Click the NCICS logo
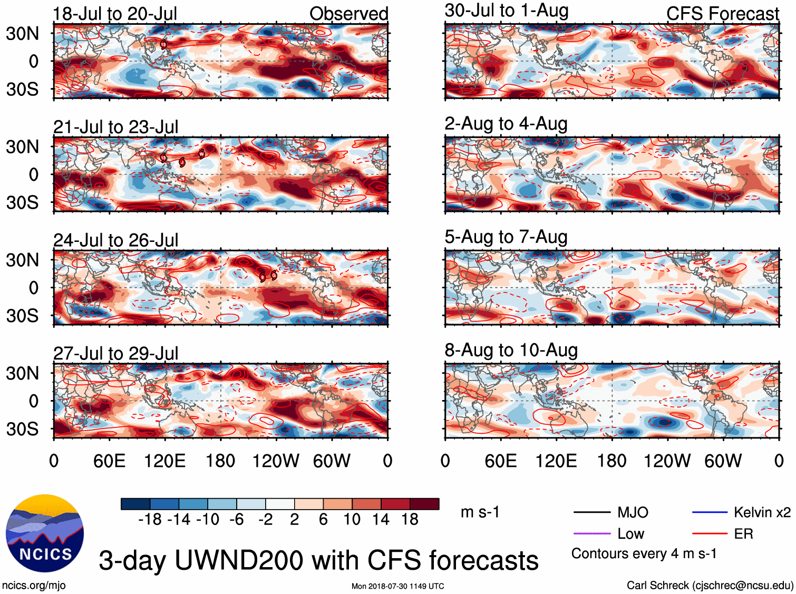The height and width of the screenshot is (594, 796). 45,533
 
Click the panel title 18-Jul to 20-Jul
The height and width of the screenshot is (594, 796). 115,14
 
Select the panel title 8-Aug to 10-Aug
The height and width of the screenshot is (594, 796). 511,350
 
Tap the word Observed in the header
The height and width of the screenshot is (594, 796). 348,14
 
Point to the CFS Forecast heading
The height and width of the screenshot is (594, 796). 722,14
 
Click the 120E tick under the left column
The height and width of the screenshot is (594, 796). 164,461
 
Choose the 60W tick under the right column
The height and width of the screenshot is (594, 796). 723,461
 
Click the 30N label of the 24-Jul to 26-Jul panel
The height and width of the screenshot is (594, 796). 22,260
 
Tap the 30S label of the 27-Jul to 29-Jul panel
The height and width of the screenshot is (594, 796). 22,429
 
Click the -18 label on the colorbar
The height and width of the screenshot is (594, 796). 150,520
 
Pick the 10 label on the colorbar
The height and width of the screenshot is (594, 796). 352,520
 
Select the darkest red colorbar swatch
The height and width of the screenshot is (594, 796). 424,504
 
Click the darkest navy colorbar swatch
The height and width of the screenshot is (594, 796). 135,504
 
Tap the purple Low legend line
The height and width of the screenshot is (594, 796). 592,534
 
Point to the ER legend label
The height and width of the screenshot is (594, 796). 743,534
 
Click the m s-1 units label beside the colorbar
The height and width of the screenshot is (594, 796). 480,512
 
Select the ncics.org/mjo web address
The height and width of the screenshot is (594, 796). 34,585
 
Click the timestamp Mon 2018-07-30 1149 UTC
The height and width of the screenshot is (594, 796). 397,586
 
